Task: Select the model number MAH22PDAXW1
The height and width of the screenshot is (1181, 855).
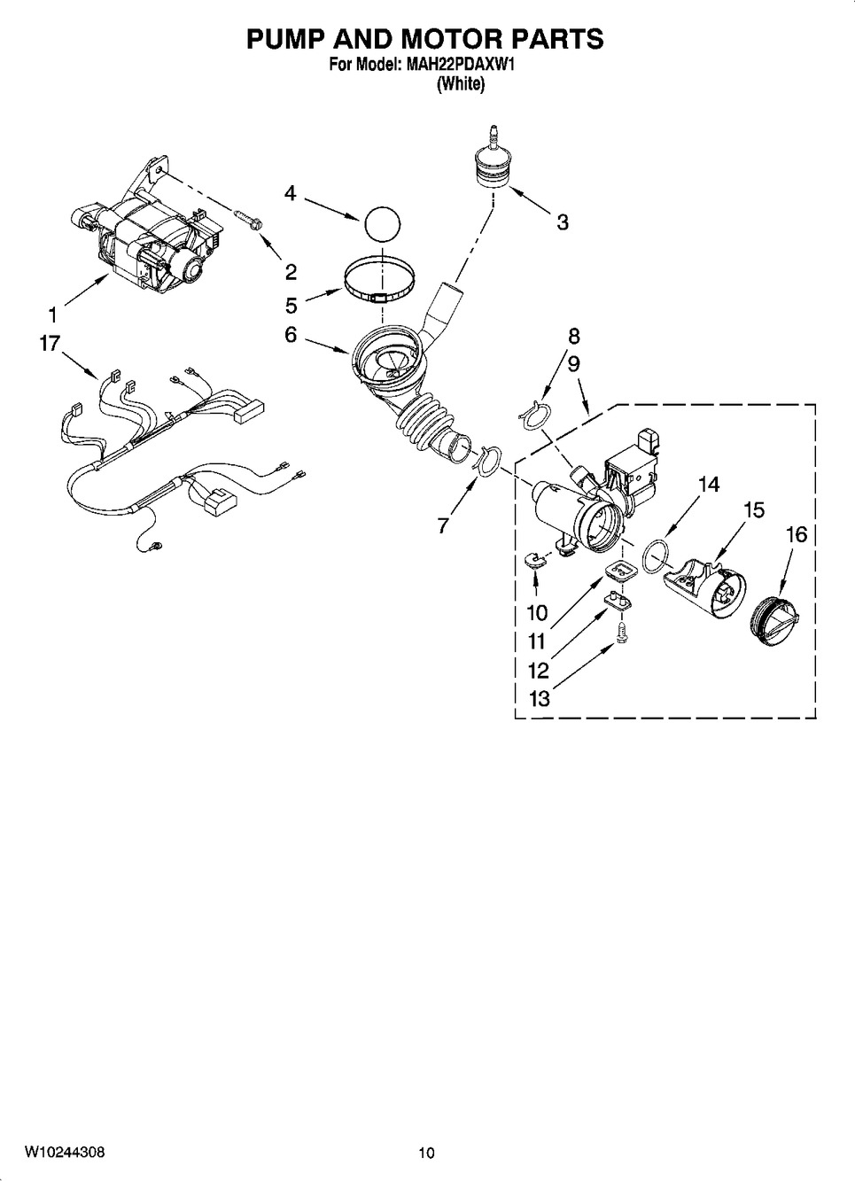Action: (460, 65)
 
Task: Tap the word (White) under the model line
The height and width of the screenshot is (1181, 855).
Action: (461, 83)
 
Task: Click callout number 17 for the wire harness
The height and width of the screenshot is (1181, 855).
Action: (50, 344)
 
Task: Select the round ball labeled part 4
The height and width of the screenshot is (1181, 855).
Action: (382, 225)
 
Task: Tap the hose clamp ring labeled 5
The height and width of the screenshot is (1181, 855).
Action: (379, 284)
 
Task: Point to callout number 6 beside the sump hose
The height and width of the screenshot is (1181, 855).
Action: (291, 334)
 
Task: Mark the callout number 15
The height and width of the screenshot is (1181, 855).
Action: (753, 510)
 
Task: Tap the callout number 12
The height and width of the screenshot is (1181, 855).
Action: (538, 672)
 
